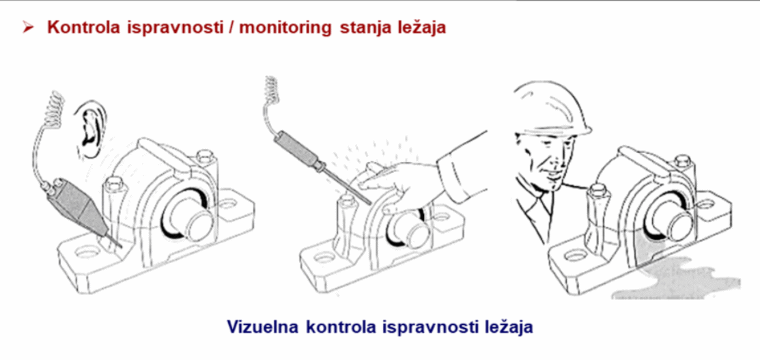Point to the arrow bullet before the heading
click(28, 27)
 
